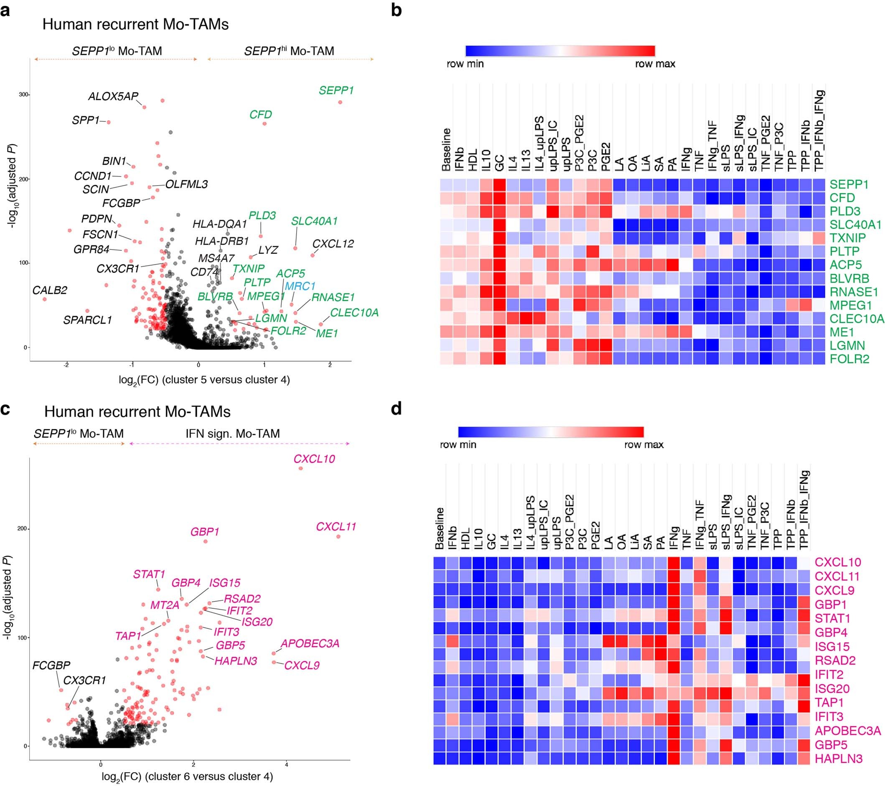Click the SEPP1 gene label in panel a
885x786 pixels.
click(336, 91)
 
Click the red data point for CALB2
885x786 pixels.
click(44, 299)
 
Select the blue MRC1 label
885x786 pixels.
click(300, 286)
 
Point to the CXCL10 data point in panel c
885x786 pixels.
click(301, 468)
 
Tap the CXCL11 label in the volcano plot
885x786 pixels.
click(336, 527)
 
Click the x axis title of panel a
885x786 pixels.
click(204, 380)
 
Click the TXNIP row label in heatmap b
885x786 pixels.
click(847, 238)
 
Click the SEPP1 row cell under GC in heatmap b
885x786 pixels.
click(499, 184)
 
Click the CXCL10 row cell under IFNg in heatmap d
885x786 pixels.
click(673, 562)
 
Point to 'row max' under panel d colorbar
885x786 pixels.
click(643, 444)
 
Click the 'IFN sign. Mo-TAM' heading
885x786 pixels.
click(232, 433)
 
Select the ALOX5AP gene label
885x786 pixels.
click(113, 96)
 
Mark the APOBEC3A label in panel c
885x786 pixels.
click(310, 643)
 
